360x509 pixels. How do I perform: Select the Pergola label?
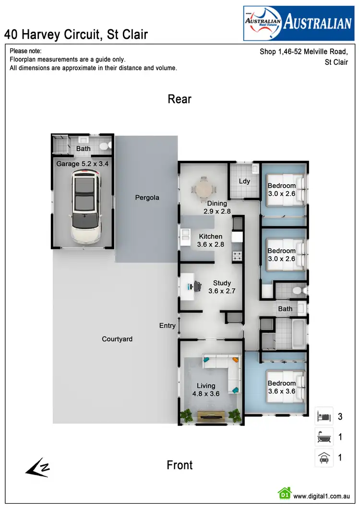(147, 197)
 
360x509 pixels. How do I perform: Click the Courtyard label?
(117, 339)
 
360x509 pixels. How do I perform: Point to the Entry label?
(167, 326)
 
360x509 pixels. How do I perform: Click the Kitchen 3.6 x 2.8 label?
(211, 240)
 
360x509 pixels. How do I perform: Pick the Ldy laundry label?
(244, 181)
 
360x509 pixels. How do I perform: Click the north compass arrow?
(37, 468)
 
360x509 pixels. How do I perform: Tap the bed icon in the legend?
(324, 416)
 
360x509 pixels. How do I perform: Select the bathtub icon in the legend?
(324, 437)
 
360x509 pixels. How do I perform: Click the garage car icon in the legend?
(324, 458)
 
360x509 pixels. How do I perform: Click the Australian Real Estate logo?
(298, 24)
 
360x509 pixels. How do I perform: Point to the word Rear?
(180, 99)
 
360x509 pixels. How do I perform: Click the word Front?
(180, 465)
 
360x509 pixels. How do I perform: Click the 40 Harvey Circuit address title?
(76, 35)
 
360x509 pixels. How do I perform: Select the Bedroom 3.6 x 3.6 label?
(282, 387)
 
